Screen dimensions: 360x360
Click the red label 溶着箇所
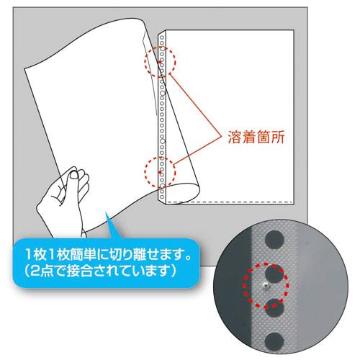(256, 137)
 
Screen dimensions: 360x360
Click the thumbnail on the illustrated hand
(73, 175)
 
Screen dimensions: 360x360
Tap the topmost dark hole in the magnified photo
(275, 239)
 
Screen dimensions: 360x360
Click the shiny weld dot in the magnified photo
(265, 286)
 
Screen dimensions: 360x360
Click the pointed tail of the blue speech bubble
(107, 213)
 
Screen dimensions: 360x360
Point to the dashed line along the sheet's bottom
(230, 201)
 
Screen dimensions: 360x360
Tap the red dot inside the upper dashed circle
(160, 62)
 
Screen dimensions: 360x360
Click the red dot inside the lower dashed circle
(160, 172)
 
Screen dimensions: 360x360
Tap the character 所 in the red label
(278, 137)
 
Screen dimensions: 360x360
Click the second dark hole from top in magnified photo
(275, 273)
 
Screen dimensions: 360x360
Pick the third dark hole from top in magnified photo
(274, 307)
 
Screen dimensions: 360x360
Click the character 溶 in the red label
(235, 137)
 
